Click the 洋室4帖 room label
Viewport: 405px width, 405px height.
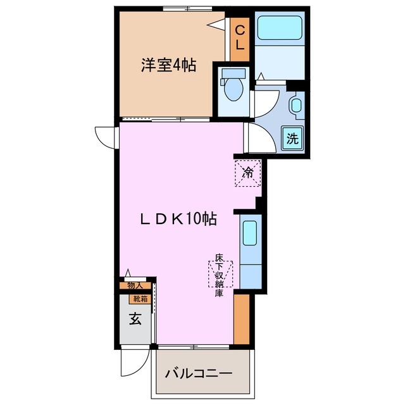(x=168, y=65)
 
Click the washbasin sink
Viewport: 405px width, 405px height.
(x=296, y=106)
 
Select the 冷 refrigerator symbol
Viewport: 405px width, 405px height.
(x=249, y=173)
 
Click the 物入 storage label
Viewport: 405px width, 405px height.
(x=135, y=286)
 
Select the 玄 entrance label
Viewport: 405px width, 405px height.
(x=135, y=319)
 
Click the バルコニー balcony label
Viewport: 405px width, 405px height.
(x=199, y=373)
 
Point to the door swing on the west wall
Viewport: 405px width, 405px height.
(x=105, y=135)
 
